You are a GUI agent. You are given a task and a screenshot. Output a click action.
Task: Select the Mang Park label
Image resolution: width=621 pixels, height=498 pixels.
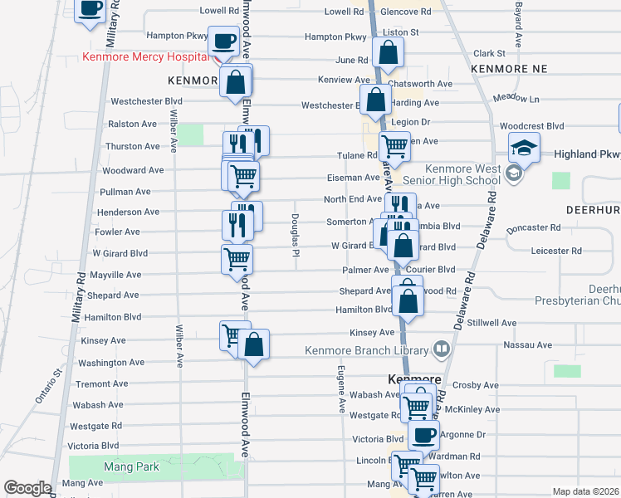coord(131,467)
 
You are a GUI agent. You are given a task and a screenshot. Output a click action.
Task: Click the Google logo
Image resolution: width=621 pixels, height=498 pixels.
coord(27,488)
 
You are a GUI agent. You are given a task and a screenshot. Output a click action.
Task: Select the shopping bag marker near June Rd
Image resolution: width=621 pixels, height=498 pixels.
coord(388,52)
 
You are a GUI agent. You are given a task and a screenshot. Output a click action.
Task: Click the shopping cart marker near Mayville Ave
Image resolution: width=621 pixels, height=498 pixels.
coord(237,258)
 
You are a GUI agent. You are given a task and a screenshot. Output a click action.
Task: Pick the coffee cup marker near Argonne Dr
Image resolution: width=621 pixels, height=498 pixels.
coord(423,433)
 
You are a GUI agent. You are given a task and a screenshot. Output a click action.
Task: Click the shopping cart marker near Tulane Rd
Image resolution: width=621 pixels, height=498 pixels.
coord(394,146)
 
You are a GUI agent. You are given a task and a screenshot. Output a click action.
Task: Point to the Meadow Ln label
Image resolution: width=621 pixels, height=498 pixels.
coord(516,98)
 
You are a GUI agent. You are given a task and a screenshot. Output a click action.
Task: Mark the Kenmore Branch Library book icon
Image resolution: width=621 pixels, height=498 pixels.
coord(442,349)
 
